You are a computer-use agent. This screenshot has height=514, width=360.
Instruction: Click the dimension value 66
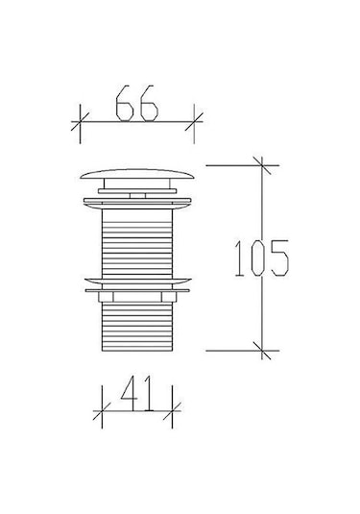[137, 103]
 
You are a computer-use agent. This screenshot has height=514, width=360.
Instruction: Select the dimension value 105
[262, 257]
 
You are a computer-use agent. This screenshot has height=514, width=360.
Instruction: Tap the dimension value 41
[137, 393]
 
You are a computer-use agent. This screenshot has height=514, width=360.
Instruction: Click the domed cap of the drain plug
[137, 174]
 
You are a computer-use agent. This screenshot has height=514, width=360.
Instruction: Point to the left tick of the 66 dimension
[80, 122]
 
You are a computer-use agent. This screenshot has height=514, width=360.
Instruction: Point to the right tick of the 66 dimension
[194, 122]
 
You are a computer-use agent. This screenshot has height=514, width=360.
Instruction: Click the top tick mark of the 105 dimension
[262, 165]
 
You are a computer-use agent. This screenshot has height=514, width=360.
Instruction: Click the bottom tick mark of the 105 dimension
[262, 351]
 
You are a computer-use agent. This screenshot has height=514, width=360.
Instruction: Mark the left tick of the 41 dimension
[102, 411]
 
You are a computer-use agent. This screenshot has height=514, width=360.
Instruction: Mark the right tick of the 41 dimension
[172, 411]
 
